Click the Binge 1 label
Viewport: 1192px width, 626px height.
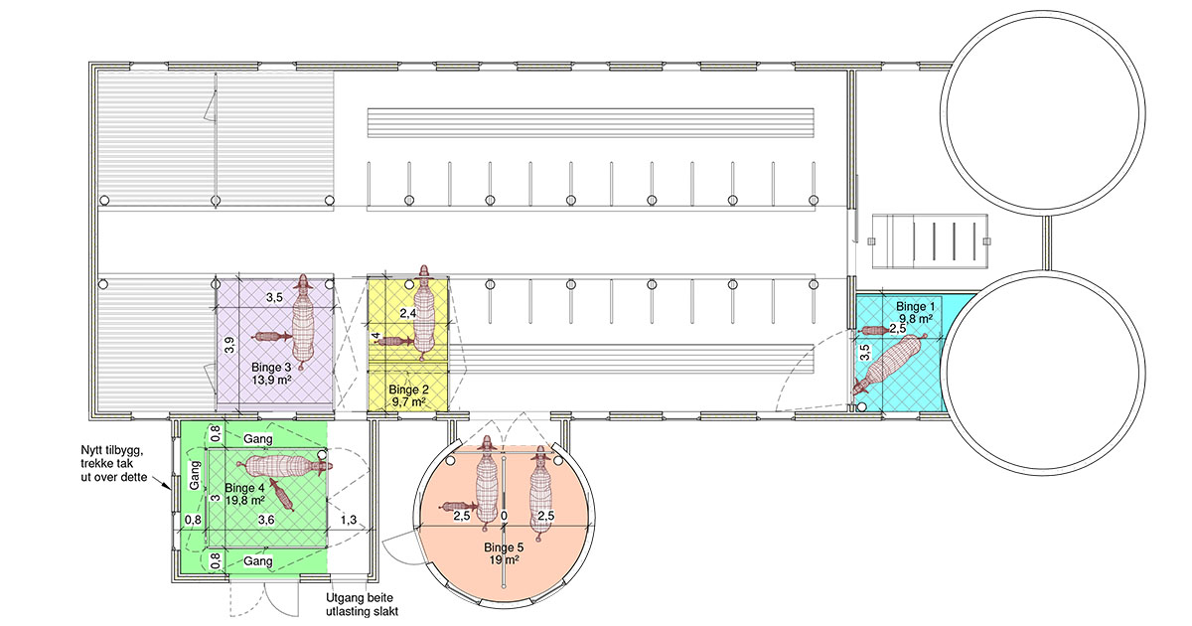[x=915, y=307]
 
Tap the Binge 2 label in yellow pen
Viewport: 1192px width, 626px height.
[x=408, y=390]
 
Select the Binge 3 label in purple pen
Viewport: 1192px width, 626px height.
[x=271, y=368]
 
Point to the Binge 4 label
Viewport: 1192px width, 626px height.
[x=244, y=488]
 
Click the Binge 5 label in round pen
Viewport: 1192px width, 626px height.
[x=504, y=548]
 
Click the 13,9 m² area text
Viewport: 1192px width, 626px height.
[x=271, y=380]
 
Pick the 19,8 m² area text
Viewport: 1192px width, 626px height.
[x=245, y=501]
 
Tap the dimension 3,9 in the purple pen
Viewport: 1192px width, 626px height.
[x=229, y=345]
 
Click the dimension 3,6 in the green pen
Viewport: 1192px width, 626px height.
[x=266, y=520]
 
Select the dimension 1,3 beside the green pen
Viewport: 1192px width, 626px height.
[x=349, y=520]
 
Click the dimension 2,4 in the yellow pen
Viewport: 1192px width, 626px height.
[x=408, y=314]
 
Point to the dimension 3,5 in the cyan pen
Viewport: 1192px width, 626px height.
[x=865, y=353]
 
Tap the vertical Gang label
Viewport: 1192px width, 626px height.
[x=195, y=475]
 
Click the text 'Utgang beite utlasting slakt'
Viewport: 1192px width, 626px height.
[x=362, y=605]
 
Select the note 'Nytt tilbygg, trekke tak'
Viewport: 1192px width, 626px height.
[x=111, y=457]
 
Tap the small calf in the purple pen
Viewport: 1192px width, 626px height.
[x=271, y=337]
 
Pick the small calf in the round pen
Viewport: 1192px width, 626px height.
[x=458, y=506]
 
